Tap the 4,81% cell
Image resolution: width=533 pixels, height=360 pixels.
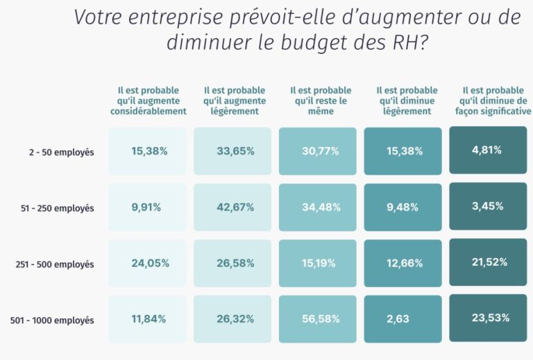[x=487, y=150]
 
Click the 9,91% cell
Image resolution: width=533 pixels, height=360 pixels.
[x=147, y=207]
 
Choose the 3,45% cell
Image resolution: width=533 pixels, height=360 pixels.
[x=487, y=206]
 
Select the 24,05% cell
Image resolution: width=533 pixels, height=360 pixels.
[x=147, y=263]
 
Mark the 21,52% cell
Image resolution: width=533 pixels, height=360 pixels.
[x=487, y=262]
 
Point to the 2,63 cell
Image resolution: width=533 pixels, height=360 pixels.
[x=403, y=319]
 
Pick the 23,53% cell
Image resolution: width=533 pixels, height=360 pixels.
[x=487, y=318]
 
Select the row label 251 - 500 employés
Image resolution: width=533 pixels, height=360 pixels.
[x=54, y=264]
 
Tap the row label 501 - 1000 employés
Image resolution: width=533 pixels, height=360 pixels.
[x=52, y=320]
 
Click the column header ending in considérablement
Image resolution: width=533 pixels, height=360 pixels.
[x=148, y=101]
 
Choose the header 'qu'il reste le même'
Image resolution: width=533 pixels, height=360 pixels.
[x=320, y=101]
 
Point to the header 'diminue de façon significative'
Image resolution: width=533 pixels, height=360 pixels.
[x=493, y=101]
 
